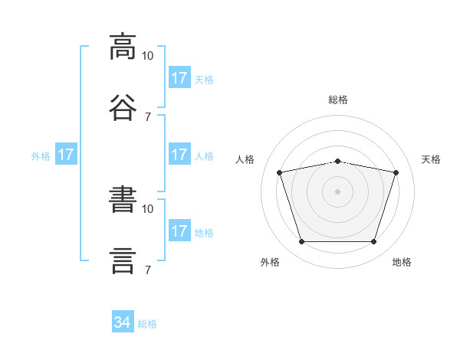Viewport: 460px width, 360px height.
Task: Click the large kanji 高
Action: [x=123, y=47]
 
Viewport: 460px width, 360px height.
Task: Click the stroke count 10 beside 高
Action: [x=148, y=56]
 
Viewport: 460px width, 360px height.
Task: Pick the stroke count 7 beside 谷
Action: [x=148, y=116]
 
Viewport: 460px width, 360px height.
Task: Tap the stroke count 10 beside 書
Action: [x=148, y=208]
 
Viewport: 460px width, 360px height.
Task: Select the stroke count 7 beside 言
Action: [x=148, y=270]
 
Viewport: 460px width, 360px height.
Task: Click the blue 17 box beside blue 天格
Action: [x=179, y=78]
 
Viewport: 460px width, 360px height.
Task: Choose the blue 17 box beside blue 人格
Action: [x=179, y=155]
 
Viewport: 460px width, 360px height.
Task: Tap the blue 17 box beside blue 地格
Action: [x=179, y=231]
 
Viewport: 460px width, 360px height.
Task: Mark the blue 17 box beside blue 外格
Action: [x=66, y=155]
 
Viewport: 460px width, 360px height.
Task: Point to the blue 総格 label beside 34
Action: [x=148, y=324]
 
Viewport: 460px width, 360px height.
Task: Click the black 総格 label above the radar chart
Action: [x=338, y=100]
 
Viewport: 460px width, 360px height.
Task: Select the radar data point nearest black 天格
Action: [x=396, y=173]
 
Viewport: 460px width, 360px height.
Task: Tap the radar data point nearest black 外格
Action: [x=301, y=242]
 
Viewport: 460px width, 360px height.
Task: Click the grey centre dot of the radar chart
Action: [x=338, y=191]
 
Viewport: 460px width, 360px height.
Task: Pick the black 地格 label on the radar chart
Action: [x=402, y=263]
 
